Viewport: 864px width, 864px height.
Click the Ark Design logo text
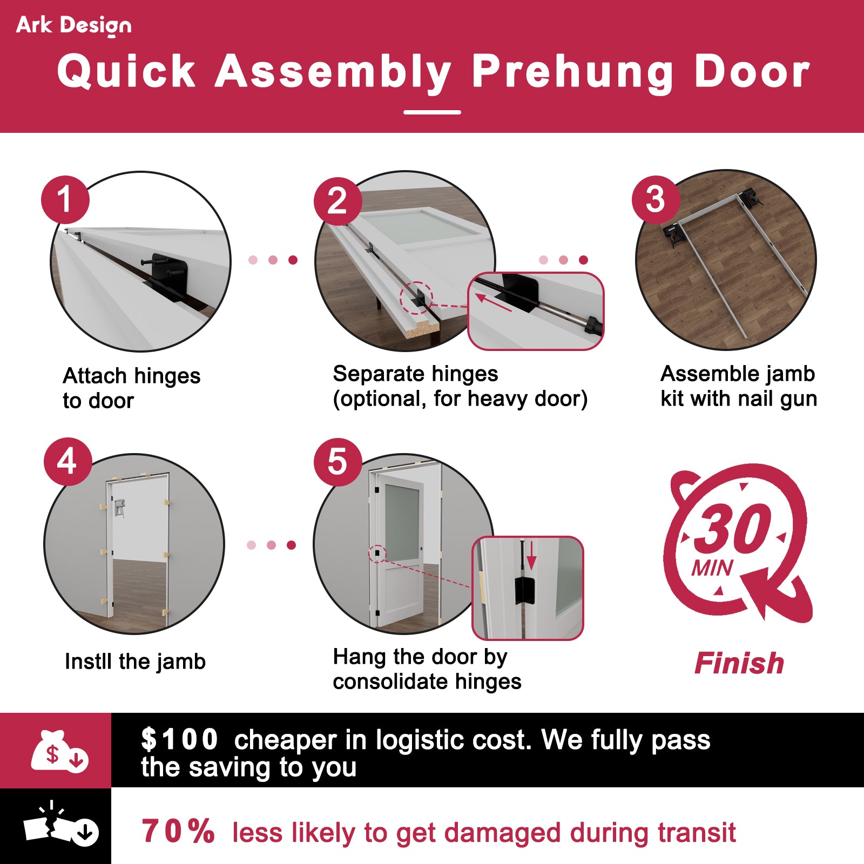(x=73, y=25)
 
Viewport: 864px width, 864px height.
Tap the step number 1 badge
(x=65, y=199)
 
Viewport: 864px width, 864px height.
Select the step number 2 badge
(x=337, y=201)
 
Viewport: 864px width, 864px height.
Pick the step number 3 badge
(x=655, y=199)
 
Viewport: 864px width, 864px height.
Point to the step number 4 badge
(x=67, y=462)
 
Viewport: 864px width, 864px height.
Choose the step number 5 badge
(x=337, y=462)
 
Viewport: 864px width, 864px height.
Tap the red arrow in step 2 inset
(x=492, y=302)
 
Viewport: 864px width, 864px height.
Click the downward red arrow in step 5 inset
(x=531, y=556)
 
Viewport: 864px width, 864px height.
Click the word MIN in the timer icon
(x=712, y=568)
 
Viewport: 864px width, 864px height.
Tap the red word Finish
(x=739, y=663)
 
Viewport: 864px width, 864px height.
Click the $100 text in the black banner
(x=179, y=740)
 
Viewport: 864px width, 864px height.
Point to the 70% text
(x=178, y=831)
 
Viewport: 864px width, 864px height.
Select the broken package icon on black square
(x=59, y=826)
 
